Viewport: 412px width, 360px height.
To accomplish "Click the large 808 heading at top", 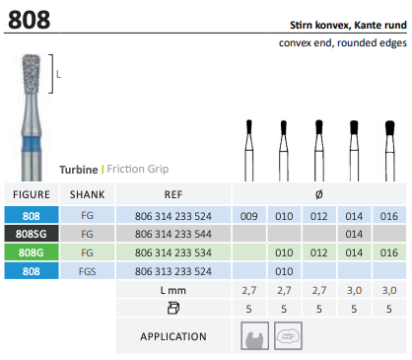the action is [30, 20].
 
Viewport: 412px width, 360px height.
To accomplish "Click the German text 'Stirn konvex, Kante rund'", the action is [348, 25].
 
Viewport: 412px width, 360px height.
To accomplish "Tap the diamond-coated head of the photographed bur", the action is [31, 74].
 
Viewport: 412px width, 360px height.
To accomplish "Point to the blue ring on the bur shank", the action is [32, 144].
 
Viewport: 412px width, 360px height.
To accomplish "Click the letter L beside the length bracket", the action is [58, 74].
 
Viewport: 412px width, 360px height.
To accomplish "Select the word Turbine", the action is [79, 170].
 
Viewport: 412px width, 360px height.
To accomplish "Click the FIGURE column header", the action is [32, 194].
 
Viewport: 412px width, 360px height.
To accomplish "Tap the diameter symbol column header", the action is [318, 194].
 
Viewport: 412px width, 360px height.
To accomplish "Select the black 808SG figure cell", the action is [32, 234].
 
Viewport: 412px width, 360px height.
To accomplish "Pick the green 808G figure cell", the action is [32, 252].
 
